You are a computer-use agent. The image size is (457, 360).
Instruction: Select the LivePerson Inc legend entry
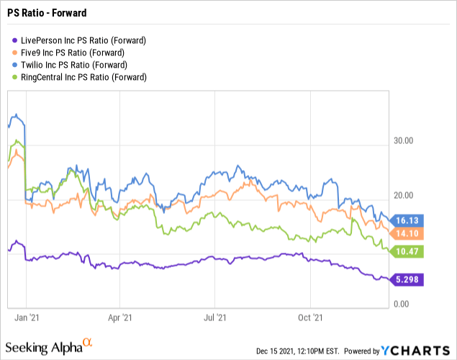pos(79,41)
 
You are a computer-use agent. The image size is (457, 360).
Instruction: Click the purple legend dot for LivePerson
pos(15,42)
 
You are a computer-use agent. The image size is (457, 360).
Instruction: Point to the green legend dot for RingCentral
pos(15,77)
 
